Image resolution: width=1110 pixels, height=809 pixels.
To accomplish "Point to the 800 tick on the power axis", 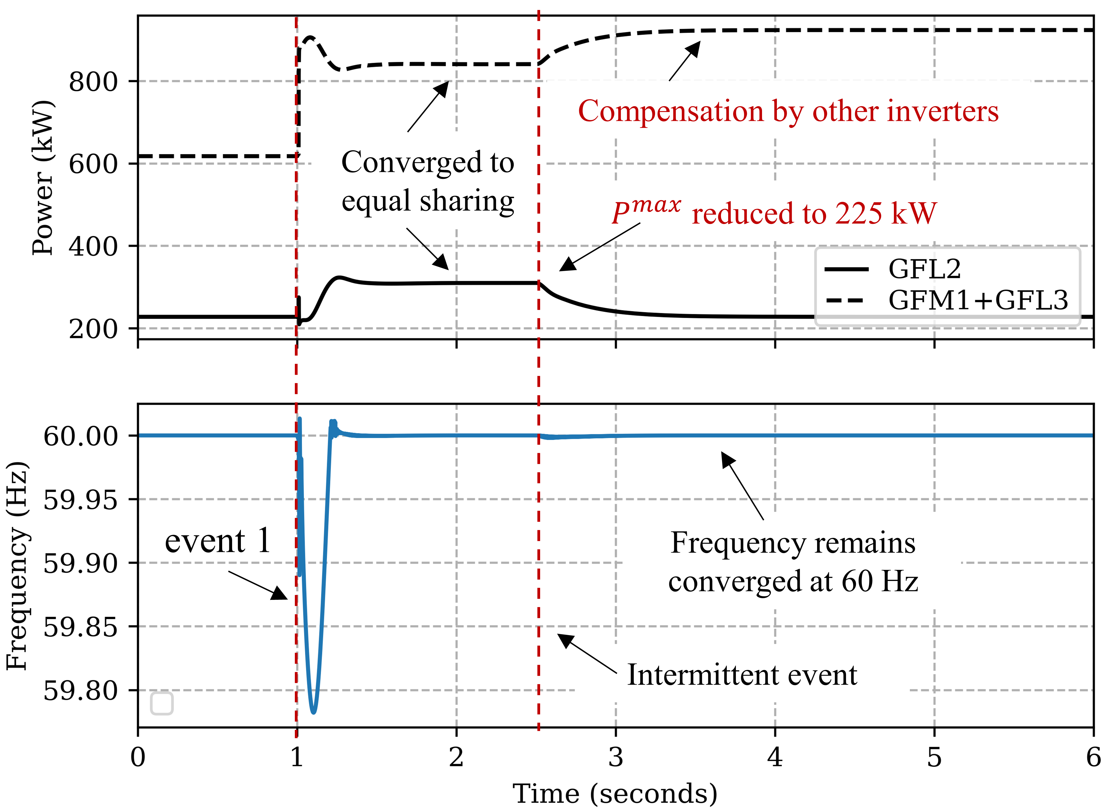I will [x=93, y=81].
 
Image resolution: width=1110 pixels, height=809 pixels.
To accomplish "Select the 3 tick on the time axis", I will [x=616, y=758].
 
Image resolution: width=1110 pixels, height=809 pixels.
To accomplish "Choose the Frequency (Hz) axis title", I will [x=17, y=566].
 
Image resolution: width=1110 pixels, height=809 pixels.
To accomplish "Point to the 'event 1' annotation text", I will [x=218, y=541].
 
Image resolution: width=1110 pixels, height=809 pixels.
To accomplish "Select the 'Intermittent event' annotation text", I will [x=742, y=675].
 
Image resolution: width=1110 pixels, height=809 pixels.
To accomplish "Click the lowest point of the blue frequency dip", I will [x=314, y=712].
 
